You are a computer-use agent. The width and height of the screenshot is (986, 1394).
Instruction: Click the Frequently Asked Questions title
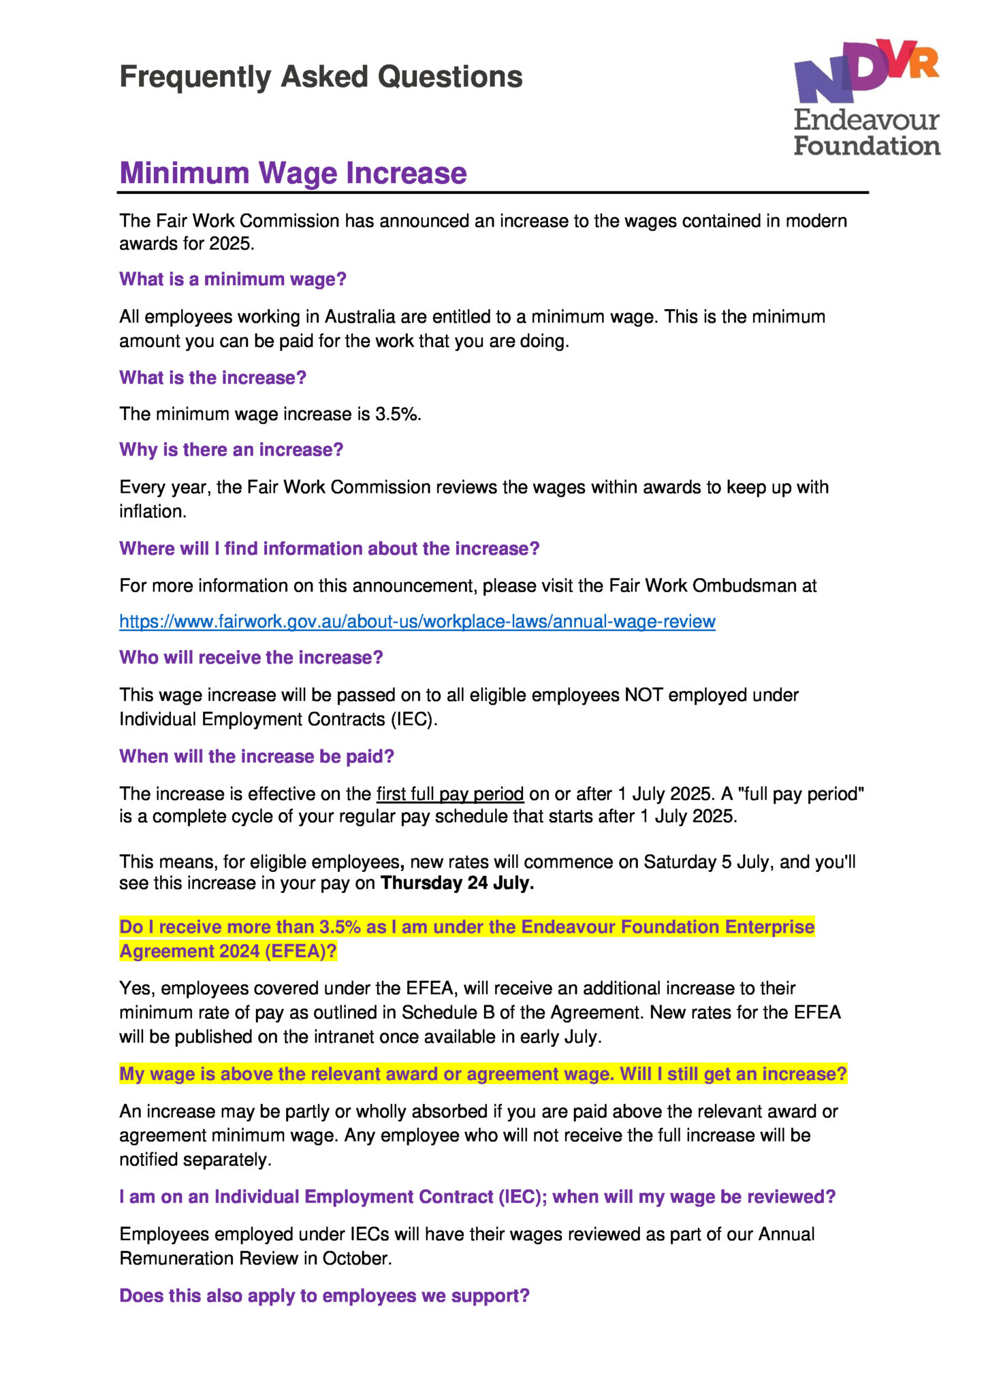(321, 77)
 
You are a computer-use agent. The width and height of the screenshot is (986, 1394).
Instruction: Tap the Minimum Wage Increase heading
(293, 173)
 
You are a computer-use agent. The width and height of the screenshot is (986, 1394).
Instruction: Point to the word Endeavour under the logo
(866, 120)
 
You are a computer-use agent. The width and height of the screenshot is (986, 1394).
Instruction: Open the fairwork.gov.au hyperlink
(417, 621)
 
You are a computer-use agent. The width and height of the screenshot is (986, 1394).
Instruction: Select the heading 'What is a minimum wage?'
(233, 279)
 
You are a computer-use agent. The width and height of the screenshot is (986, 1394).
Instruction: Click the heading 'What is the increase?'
(212, 378)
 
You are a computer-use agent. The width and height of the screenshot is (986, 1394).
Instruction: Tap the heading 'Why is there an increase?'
(231, 450)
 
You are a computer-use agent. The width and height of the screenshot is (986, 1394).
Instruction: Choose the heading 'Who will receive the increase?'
(251, 658)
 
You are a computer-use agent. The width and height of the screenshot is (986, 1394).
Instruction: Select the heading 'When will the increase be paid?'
(257, 756)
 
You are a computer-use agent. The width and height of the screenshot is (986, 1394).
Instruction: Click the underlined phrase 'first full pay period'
(450, 794)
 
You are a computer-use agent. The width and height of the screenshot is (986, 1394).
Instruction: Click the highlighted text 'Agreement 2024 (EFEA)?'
(228, 951)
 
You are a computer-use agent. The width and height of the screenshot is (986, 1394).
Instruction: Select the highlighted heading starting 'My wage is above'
(483, 1074)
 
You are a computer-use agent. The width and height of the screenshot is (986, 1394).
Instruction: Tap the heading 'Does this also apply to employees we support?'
(324, 1295)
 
